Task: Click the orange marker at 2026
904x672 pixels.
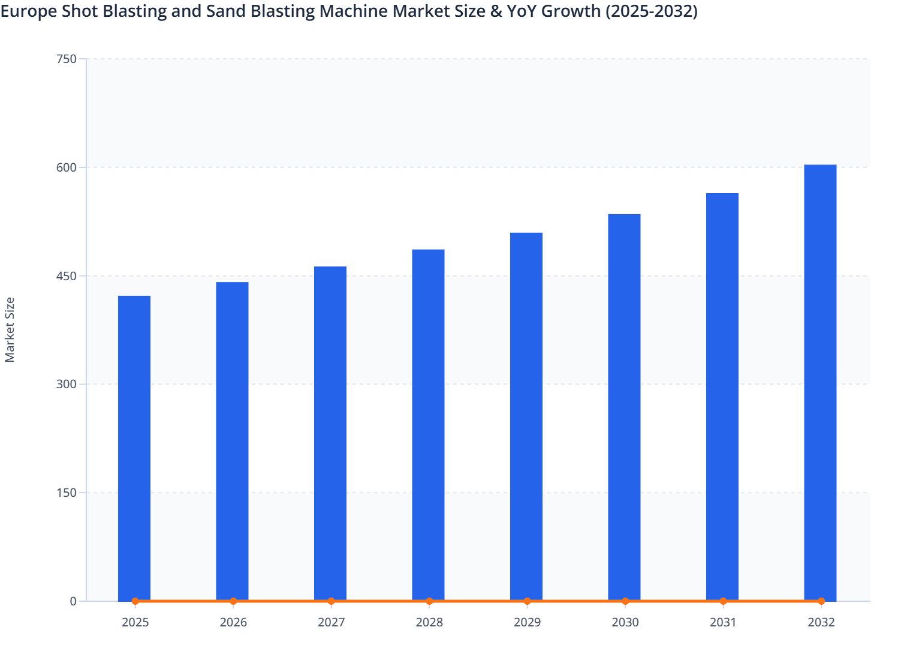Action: pos(233,601)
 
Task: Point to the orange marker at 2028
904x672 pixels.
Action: pos(429,601)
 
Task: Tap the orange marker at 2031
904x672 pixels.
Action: pos(723,601)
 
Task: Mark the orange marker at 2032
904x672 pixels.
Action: pos(821,601)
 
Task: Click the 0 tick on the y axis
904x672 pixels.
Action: pos(73,601)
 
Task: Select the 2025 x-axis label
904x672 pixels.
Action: pos(135,622)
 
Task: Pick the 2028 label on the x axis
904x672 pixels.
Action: pos(429,622)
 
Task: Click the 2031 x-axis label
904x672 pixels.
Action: pos(723,622)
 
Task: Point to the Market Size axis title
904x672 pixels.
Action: pos(10,329)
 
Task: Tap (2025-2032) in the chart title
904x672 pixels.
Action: pos(651,11)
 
